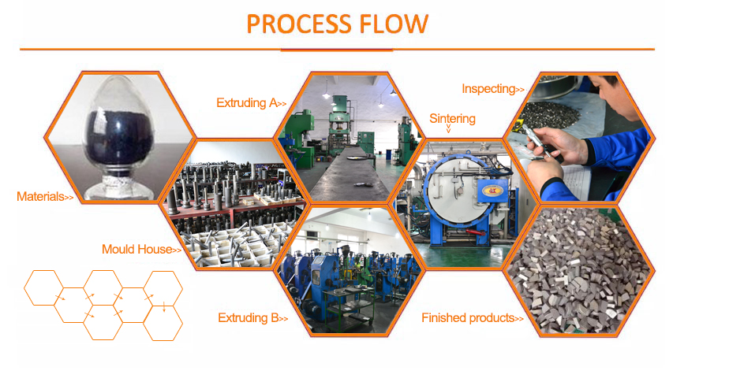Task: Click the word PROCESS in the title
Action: pos(297,24)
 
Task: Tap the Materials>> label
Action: pos(45,196)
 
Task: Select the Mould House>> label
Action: pos(142,249)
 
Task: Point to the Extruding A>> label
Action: pos(252,102)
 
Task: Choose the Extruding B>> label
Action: pos(253,318)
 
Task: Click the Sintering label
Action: pos(453,119)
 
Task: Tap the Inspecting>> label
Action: pos(493,89)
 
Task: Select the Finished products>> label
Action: pos(473,318)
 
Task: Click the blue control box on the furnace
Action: pos(491,192)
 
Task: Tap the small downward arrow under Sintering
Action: pos(449,129)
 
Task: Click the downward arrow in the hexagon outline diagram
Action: pos(164,306)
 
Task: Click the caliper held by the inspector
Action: pos(541,145)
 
